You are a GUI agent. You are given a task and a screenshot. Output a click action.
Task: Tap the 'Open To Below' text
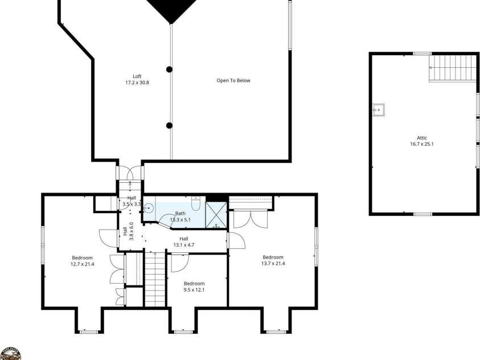coord(233,80)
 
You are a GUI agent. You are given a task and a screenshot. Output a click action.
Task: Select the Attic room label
coord(422,141)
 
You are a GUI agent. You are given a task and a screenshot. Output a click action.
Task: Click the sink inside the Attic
coord(378,108)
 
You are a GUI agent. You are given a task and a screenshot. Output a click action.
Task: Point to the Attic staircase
coord(452,68)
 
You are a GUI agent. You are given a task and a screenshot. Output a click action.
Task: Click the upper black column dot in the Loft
coord(169,69)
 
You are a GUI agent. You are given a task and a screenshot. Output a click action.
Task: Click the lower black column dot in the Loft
coord(169,125)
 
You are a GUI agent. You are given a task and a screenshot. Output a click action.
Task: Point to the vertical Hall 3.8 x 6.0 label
coord(128,231)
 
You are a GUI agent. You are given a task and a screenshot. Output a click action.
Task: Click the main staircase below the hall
coord(154,279)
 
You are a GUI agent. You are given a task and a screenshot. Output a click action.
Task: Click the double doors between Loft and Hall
coord(130,173)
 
